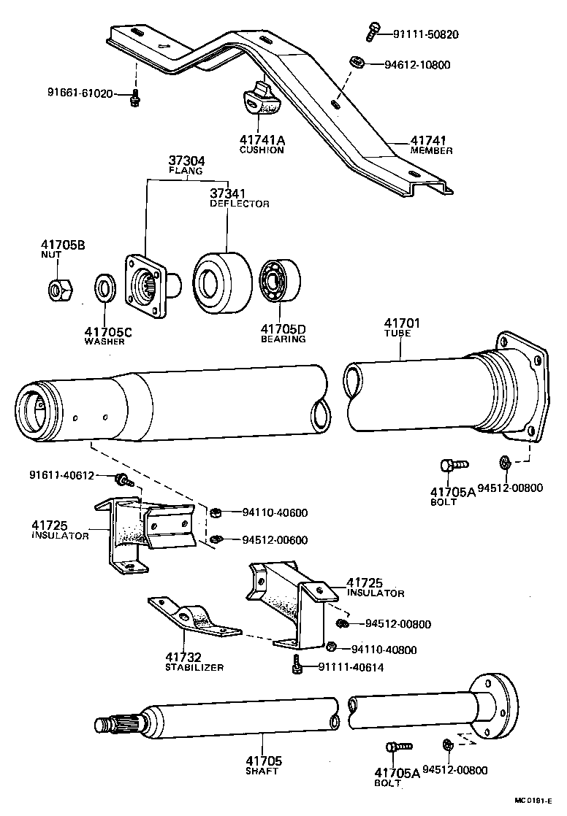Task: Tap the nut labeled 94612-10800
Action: (x=358, y=63)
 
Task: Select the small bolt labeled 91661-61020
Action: (x=134, y=99)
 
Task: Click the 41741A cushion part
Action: (x=259, y=101)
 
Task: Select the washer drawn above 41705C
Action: (x=107, y=288)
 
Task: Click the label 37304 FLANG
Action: (x=187, y=164)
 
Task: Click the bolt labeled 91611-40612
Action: (x=123, y=480)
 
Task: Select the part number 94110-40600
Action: (x=274, y=512)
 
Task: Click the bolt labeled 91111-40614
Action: (x=297, y=664)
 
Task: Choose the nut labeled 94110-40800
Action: (x=330, y=646)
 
